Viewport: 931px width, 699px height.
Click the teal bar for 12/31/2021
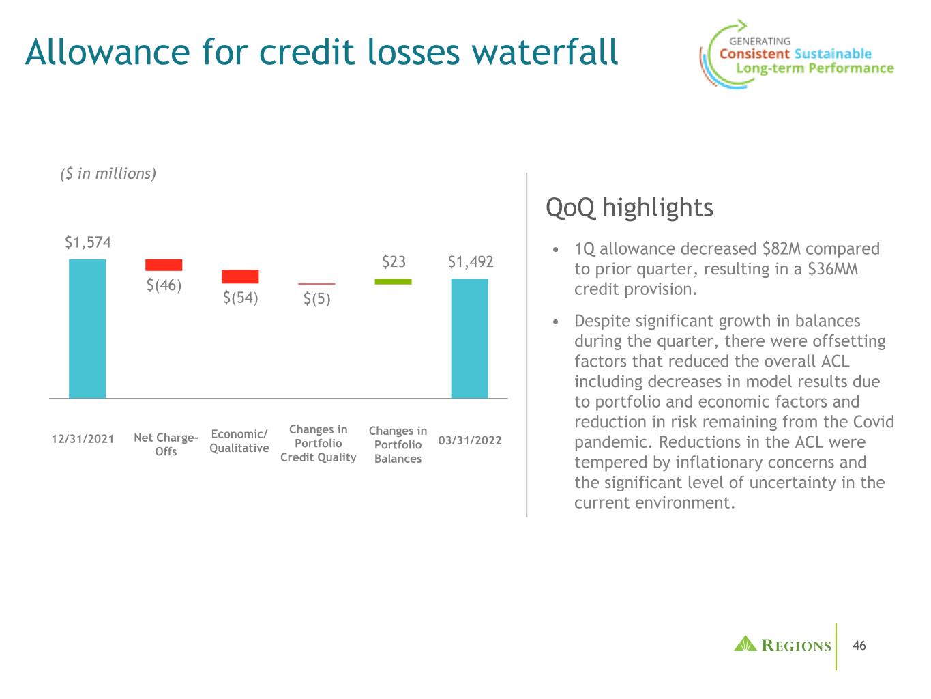87,328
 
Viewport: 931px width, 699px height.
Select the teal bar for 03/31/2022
469,338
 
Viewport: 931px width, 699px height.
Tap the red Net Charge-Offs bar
164,265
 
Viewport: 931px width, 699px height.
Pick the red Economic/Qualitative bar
240,276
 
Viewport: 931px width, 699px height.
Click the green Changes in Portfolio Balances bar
393,281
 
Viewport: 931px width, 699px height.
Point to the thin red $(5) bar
316,283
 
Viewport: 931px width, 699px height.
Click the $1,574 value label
88,242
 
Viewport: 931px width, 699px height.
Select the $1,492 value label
471,261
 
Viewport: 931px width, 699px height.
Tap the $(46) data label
164,285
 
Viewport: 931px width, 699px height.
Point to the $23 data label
394,261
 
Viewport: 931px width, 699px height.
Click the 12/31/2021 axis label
83,440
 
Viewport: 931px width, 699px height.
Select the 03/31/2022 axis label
470,440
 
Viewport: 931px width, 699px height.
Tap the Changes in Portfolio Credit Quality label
318,443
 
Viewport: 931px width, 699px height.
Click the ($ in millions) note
108,174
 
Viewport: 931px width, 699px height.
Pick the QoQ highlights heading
630,208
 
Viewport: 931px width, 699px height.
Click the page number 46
859,646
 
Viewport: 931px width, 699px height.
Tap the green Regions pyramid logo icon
745,643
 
